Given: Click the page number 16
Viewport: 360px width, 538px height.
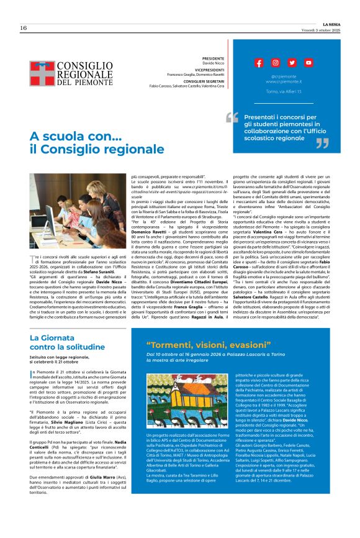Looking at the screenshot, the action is (23, 28).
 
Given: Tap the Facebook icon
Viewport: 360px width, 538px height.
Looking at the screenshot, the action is (259, 63).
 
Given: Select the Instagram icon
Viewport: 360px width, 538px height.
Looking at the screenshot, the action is (275, 63).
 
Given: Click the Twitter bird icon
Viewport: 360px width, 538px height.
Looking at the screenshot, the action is (292, 63).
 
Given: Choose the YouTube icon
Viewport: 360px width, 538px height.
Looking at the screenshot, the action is (308, 63).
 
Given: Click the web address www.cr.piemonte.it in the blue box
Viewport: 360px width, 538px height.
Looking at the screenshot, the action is (282, 81).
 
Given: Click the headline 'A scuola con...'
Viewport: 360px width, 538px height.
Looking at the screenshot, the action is (71, 136).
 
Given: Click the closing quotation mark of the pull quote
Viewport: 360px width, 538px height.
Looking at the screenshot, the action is (323, 144).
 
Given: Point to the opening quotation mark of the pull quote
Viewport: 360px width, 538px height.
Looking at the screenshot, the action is (232, 116).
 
